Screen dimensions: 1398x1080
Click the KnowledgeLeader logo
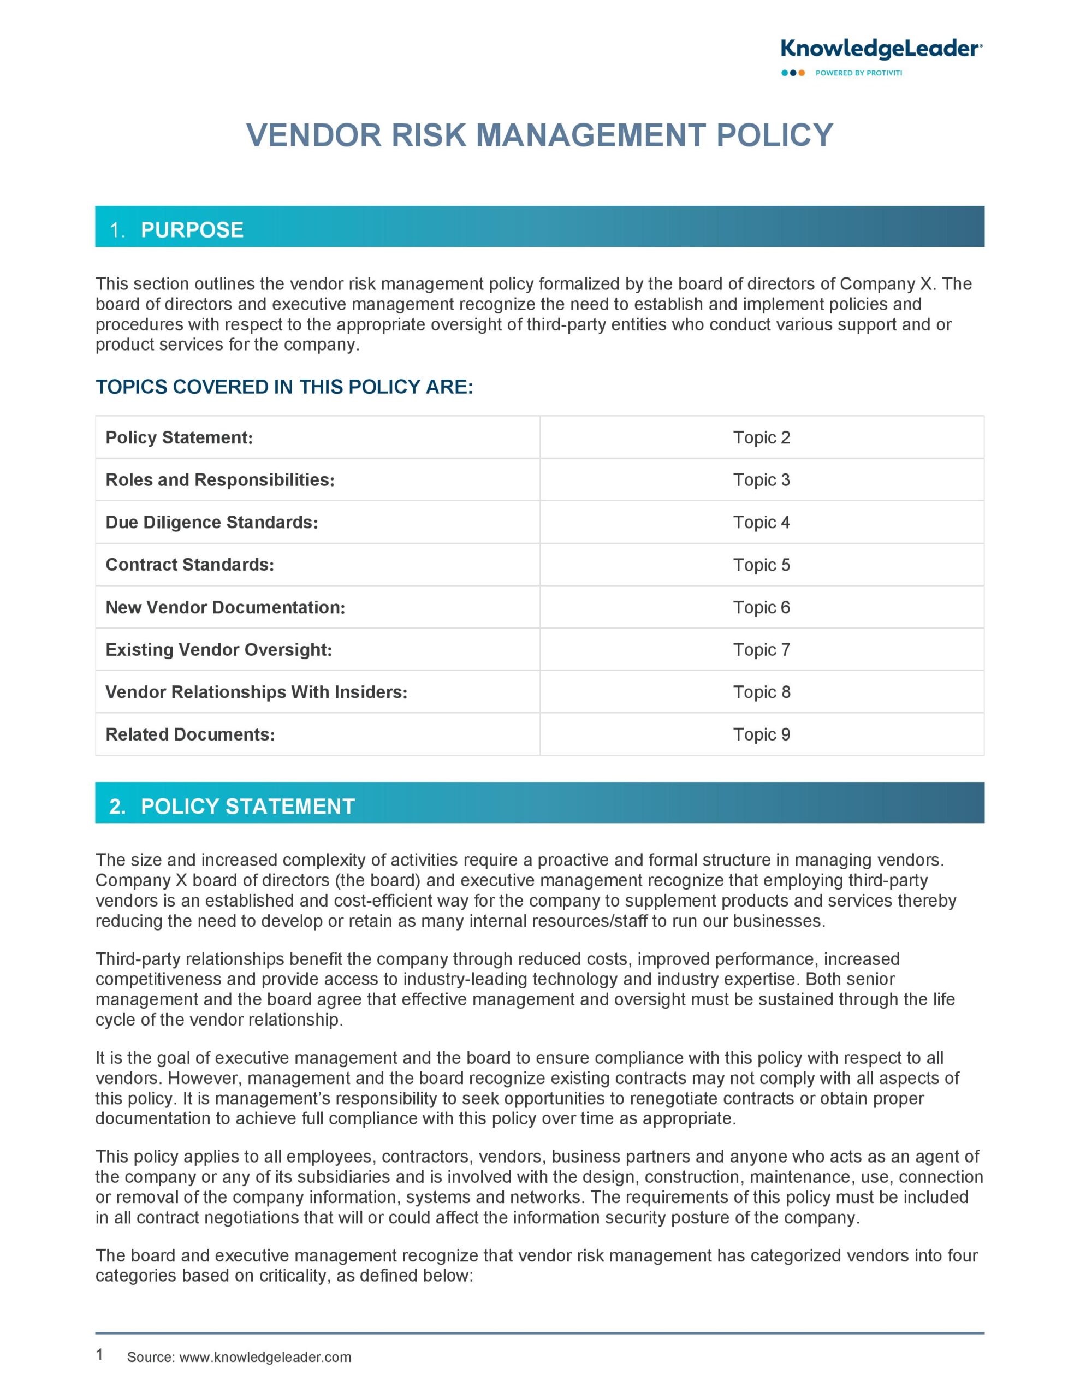(881, 49)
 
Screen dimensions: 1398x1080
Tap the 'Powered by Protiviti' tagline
(858, 73)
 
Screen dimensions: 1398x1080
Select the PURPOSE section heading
(192, 230)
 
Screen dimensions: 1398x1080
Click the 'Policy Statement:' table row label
(179, 438)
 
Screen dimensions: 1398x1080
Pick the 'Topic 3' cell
(761, 480)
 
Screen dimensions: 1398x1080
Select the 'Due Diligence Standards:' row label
(211, 522)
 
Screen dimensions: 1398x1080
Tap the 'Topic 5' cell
(761, 565)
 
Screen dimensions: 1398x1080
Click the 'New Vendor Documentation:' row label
(225, 607)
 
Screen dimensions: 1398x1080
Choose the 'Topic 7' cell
(761, 650)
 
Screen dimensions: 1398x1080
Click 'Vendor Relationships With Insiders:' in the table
(256, 692)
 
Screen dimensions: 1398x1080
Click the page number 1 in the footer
(99, 1354)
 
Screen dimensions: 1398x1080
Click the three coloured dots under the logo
(793, 73)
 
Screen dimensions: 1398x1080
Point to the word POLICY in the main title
(774, 135)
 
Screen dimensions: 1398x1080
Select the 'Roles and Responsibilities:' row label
(219, 480)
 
